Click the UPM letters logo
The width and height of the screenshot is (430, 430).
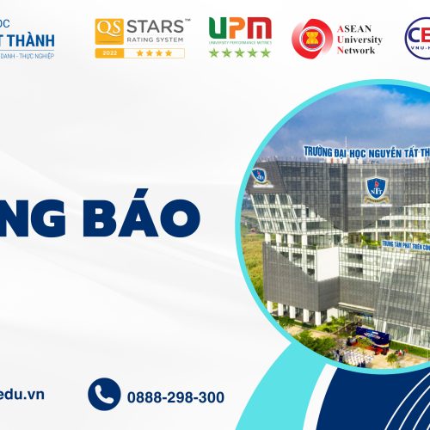[240, 29]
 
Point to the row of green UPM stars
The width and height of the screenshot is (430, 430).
[240, 52]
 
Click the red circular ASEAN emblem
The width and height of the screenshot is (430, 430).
[311, 37]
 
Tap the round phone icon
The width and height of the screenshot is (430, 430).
[104, 395]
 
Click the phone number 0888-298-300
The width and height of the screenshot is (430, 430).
[175, 397]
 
